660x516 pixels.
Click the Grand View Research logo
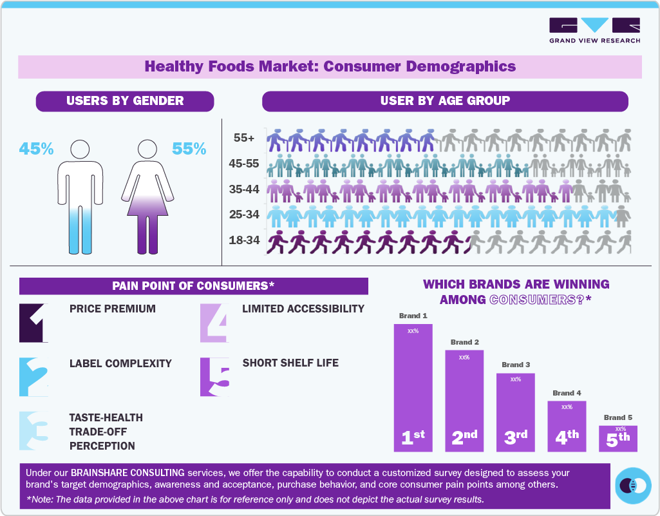click(x=594, y=30)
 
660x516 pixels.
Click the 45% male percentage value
click(x=36, y=149)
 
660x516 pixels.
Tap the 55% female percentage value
click(x=189, y=149)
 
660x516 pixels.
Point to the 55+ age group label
click(x=244, y=138)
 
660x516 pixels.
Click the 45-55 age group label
click(x=244, y=164)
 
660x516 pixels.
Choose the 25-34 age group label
click(x=244, y=215)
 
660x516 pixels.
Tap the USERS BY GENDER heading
click(x=125, y=100)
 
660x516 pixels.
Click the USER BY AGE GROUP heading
click(x=445, y=100)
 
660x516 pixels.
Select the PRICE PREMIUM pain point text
click(x=113, y=309)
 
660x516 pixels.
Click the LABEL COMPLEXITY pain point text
click(x=120, y=363)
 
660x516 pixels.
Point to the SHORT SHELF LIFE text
click(x=290, y=363)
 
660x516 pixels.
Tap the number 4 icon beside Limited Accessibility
click(x=214, y=322)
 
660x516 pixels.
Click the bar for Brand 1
click(x=413, y=387)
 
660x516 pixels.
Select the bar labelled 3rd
click(x=515, y=412)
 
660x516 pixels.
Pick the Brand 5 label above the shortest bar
click(x=618, y=417)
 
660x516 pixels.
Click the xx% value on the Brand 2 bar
click(x=464, y=357)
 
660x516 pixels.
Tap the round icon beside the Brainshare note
click(x=632, y=486)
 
